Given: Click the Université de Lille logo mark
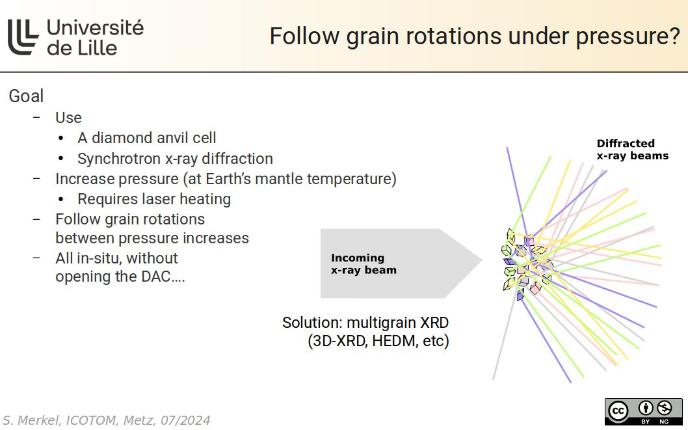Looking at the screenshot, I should pyautogui.click(x=24, y=36).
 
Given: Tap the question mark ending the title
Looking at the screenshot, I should pyautogui.click(x=672, y=36).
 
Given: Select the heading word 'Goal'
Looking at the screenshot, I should pyautogui.click(x=26, y=96).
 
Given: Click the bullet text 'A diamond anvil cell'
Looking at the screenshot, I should pyautogui.click(x=147, y=138).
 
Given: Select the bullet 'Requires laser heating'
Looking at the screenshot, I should pyautogui.click(x=154, y=199).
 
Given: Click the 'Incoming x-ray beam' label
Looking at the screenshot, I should pyautogui.click(x=364, y=264).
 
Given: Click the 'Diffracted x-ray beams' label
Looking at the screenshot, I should pyautogui.click(x=632, y=150).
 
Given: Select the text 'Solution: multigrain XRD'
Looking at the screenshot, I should pyautogui.click(x=365, y=323).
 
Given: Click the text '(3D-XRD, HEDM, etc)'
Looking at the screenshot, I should pyautogui.click(x=378, y=341).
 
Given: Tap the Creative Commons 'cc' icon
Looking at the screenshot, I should pyautogui.click(x=617, y=411).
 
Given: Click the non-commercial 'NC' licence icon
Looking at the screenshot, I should pyautogui.click(x=664, y=409).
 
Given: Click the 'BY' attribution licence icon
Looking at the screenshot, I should pyautogui.click(x=646, y=409).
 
